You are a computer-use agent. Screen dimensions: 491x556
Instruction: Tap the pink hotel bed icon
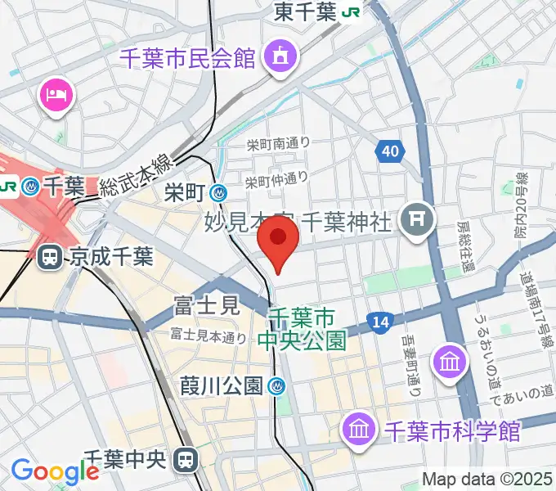[56, 96]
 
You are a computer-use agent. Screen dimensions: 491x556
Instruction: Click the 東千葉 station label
[307, 12]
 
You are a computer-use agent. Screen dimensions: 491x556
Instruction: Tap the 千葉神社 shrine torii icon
[418, 218]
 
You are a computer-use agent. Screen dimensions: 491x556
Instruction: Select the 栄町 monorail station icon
[219, 193]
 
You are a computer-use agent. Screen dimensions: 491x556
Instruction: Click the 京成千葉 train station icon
[49, 258]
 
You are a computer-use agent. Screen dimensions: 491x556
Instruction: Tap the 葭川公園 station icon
[278, 385]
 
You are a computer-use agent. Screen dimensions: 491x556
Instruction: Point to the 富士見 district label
[205, 307]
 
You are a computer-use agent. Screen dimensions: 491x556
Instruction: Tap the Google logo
[55, 471]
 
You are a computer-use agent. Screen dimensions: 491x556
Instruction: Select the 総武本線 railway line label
[137, 176]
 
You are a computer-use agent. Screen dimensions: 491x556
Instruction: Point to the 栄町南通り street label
[278, 143]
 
